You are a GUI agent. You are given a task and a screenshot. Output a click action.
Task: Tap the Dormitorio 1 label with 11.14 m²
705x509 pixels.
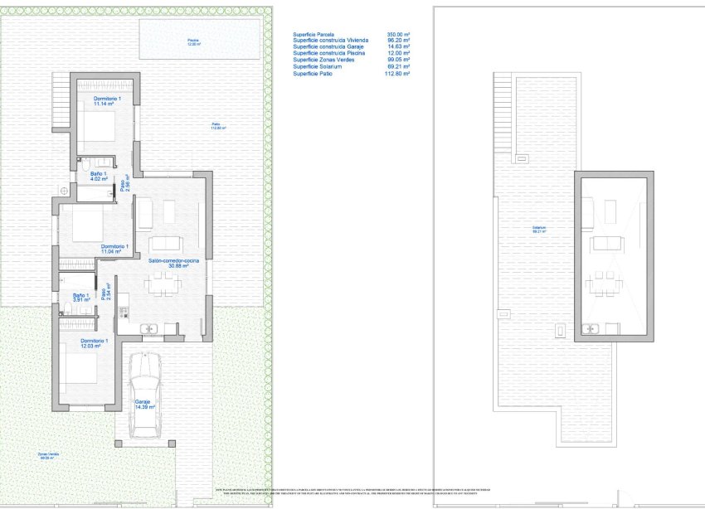tap(107, 102)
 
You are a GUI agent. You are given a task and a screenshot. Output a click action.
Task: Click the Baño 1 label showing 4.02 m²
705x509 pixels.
tap(89, 176)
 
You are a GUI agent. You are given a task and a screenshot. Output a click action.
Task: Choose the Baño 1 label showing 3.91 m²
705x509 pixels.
tap(80, 298)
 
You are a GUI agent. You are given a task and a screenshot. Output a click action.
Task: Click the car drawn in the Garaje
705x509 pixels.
tap(146, 393)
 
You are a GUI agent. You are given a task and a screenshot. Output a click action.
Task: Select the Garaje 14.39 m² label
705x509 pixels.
tap(145, 405)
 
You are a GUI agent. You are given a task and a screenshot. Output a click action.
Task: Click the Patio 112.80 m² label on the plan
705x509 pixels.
tap(217, 127)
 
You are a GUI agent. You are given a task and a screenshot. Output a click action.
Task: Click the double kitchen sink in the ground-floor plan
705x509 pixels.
tap(150, 328)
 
